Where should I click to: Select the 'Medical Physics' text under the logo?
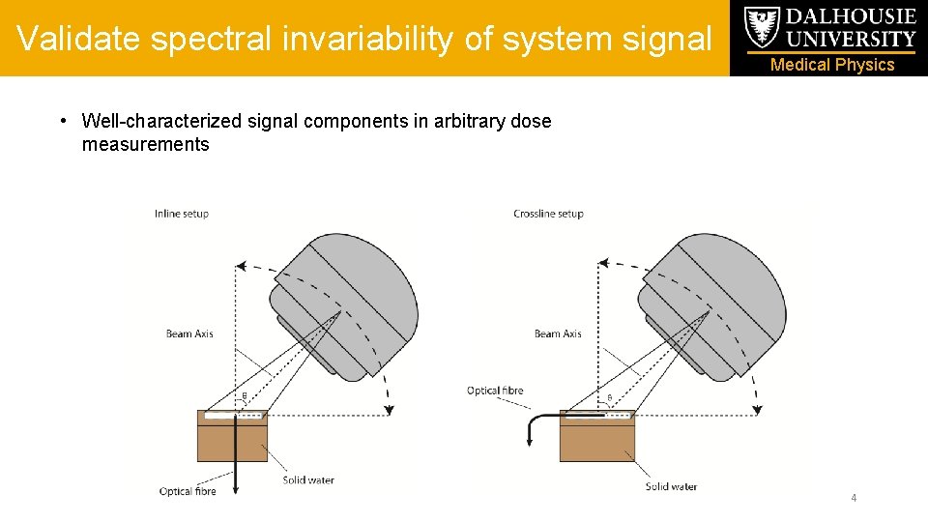pyautogui.click(x=832, y=65)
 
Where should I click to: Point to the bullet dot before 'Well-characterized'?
pyautogui.click(x=62, y=121)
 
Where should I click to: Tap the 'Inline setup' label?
pyautogui.click(x=181, y=214)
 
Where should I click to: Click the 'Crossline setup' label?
pyautogui.click(x=548, y=214)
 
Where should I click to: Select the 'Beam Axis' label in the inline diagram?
pyautogui.click(x=189, y=333)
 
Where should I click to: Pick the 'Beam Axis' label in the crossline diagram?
pyautogui.click(x=558, y=333)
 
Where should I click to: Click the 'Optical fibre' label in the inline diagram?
pyautogui.click(x=188, y=491)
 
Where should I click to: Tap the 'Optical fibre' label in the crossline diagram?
pyautogui.click(x=495, y=391)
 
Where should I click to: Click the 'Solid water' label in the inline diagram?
pyautogui.click(x=308, y=479)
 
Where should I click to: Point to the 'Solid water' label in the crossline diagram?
pyautogui.click(x=671, y=486)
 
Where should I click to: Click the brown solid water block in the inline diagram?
pyautogui.click(x=232, y=443)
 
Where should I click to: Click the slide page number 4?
pyautogui.click(x=854, y=498)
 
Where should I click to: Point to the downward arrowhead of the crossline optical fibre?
pyautogui.click(x=531, y=442)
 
